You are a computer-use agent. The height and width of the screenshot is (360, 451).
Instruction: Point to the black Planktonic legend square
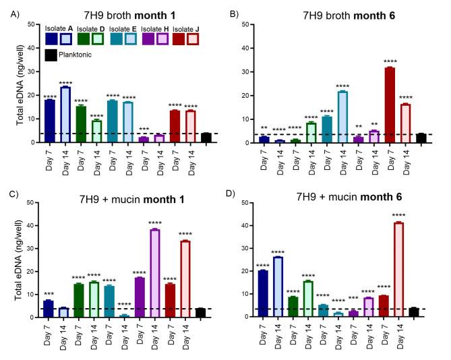51,56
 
